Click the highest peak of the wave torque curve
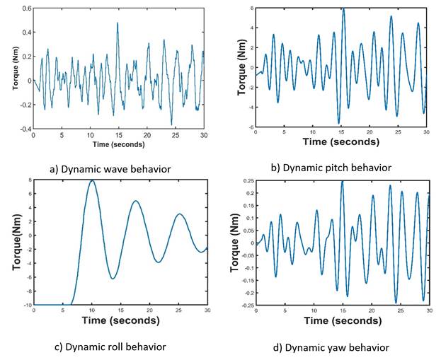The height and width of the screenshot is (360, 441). (118, 23)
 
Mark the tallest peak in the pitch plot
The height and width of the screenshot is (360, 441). (343, 9)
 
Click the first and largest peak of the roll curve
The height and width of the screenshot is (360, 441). (92, 180)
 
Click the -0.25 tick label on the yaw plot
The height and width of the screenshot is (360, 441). (244, 305)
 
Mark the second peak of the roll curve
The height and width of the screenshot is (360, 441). (135, 201)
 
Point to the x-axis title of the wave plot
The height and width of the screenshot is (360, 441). (118, 144)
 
